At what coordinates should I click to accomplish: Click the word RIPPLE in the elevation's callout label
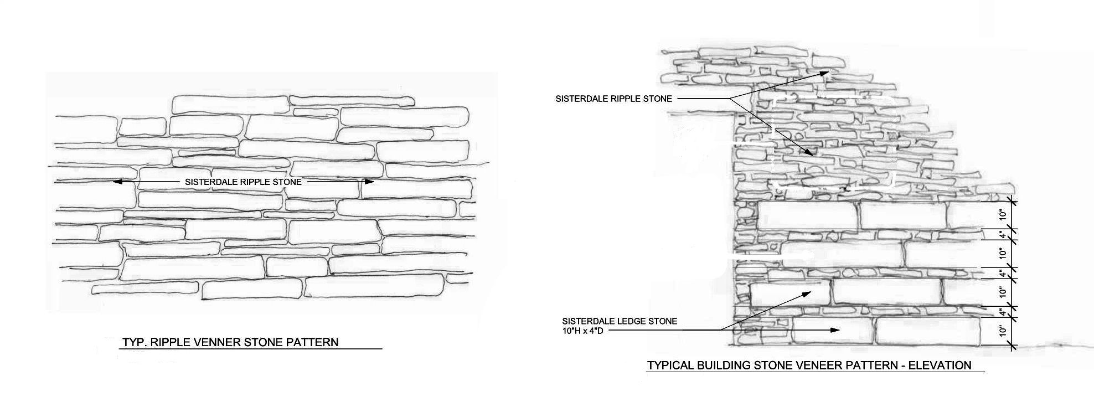click(627, 99)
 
